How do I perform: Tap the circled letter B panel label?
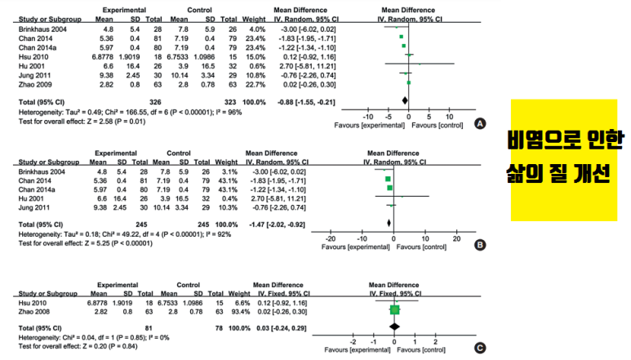click(x=480, y=244)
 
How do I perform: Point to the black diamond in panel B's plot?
click(x=389, y=221)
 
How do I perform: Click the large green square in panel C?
click(x=394, y=309)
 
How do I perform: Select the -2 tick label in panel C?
click(x=353, y=340)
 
